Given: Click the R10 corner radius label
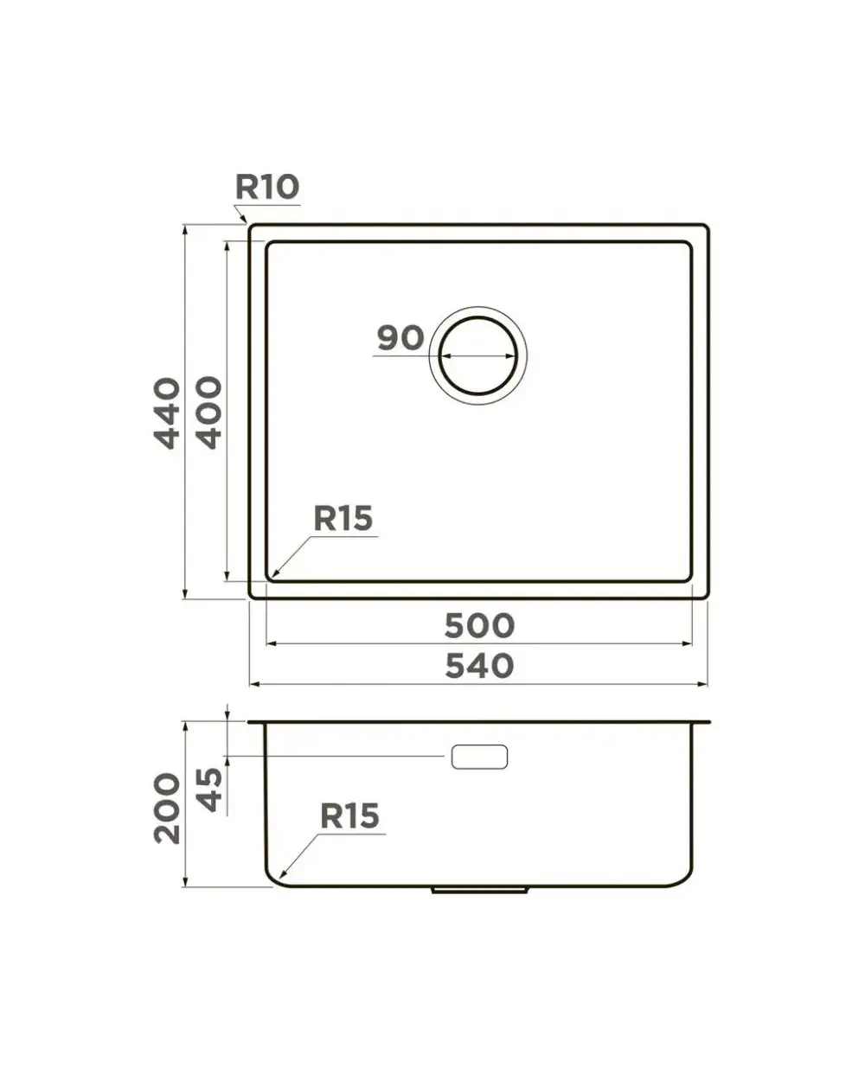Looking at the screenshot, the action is [x=267, y=187].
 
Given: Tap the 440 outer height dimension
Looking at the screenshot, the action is [x=166, y=413].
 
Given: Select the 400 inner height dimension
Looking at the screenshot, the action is [x=208, y=412].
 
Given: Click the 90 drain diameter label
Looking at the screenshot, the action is [x=400, y=337].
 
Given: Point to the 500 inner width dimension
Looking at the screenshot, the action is [x=479, y=626].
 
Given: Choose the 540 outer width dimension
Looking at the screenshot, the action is [x=479, y=666].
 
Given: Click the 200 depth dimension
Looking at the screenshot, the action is [x=166, y=809].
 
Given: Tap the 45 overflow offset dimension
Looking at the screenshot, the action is [x=208, y=790].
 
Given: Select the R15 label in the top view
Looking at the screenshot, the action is [x=343, y=518].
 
